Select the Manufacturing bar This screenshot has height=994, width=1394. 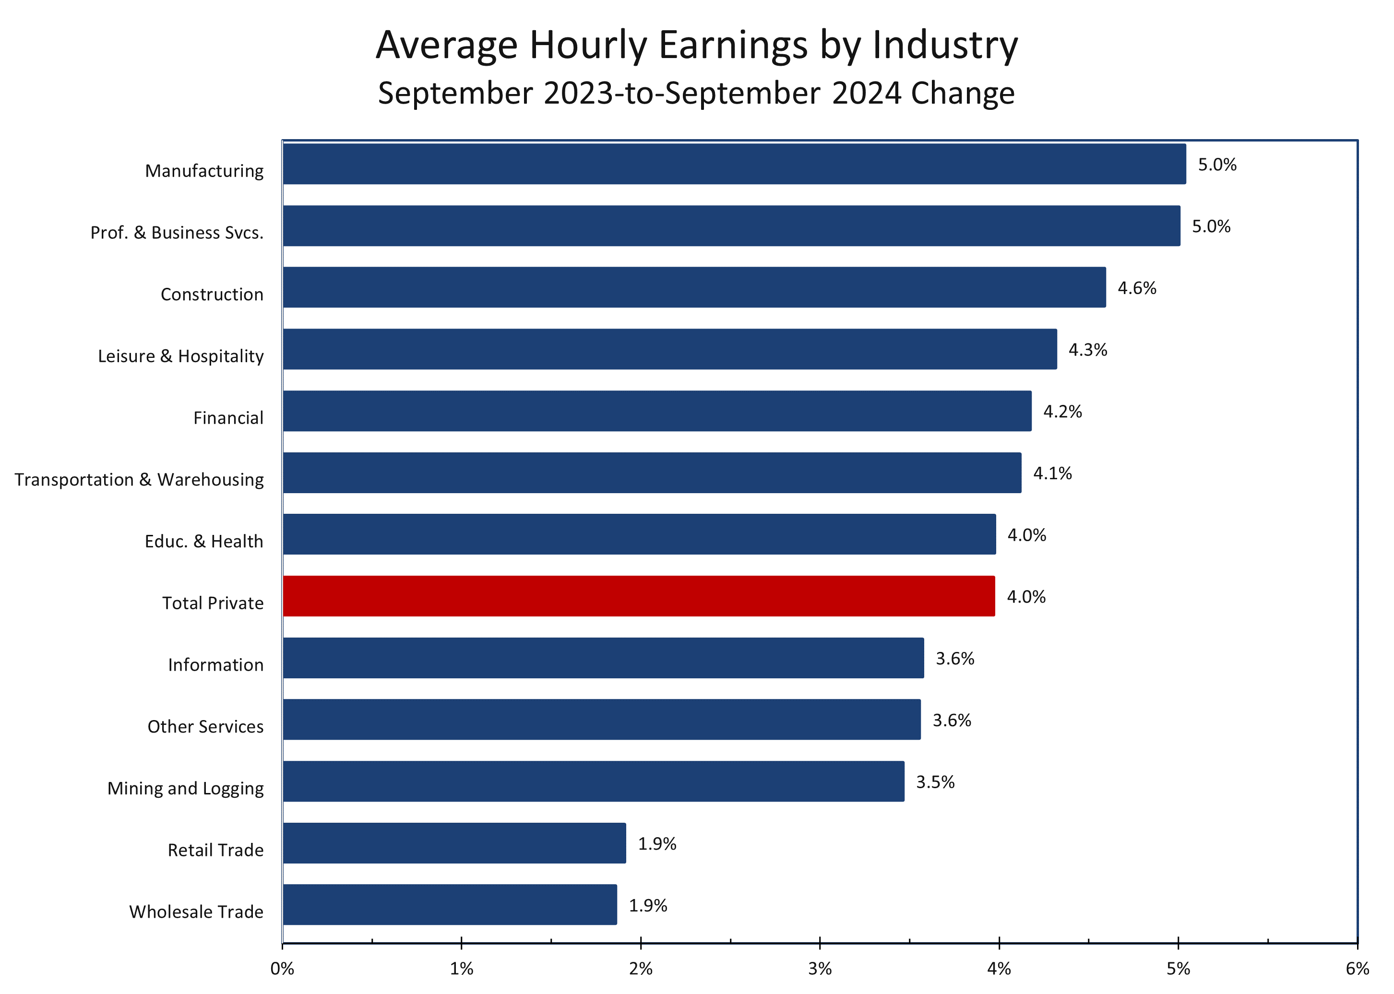[734, 164]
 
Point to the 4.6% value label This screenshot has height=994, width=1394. [1136, 288]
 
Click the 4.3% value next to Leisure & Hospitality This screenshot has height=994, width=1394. [1087, 350]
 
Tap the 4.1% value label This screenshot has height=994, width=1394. [1052, 473]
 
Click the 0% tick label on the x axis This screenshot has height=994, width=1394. [282, 969]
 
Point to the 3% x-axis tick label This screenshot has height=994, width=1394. [820, 969]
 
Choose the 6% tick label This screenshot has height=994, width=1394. [1357, 969]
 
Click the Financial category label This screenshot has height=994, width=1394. [228, 418]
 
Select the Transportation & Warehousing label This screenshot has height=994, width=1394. [139, 480]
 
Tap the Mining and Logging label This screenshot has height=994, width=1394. [186, 788]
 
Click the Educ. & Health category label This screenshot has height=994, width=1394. [204, 542]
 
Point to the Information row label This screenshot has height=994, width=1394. [215, 665]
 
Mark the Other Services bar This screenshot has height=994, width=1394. [601, 719]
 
